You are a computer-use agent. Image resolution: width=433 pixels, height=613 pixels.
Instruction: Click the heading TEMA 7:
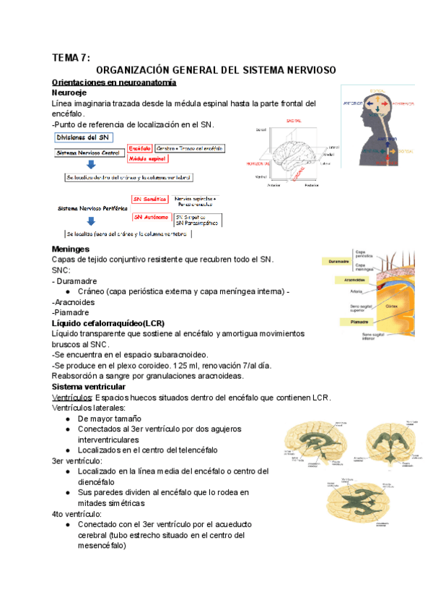[71, 57]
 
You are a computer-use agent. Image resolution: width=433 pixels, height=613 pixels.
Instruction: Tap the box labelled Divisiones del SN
[84, 137]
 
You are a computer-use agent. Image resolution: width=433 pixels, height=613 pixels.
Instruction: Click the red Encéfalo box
[139, 148]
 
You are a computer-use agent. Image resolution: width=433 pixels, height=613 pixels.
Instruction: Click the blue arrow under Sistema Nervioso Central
[90, 164]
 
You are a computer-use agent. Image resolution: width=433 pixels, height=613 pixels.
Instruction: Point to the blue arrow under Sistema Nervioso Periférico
[90, 222]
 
